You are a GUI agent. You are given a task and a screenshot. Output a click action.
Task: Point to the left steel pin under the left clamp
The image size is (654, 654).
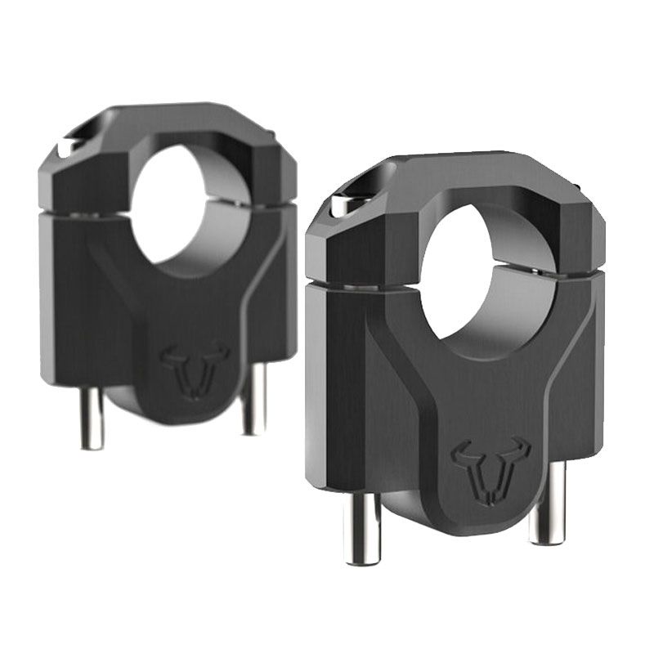tap(92, 417)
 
